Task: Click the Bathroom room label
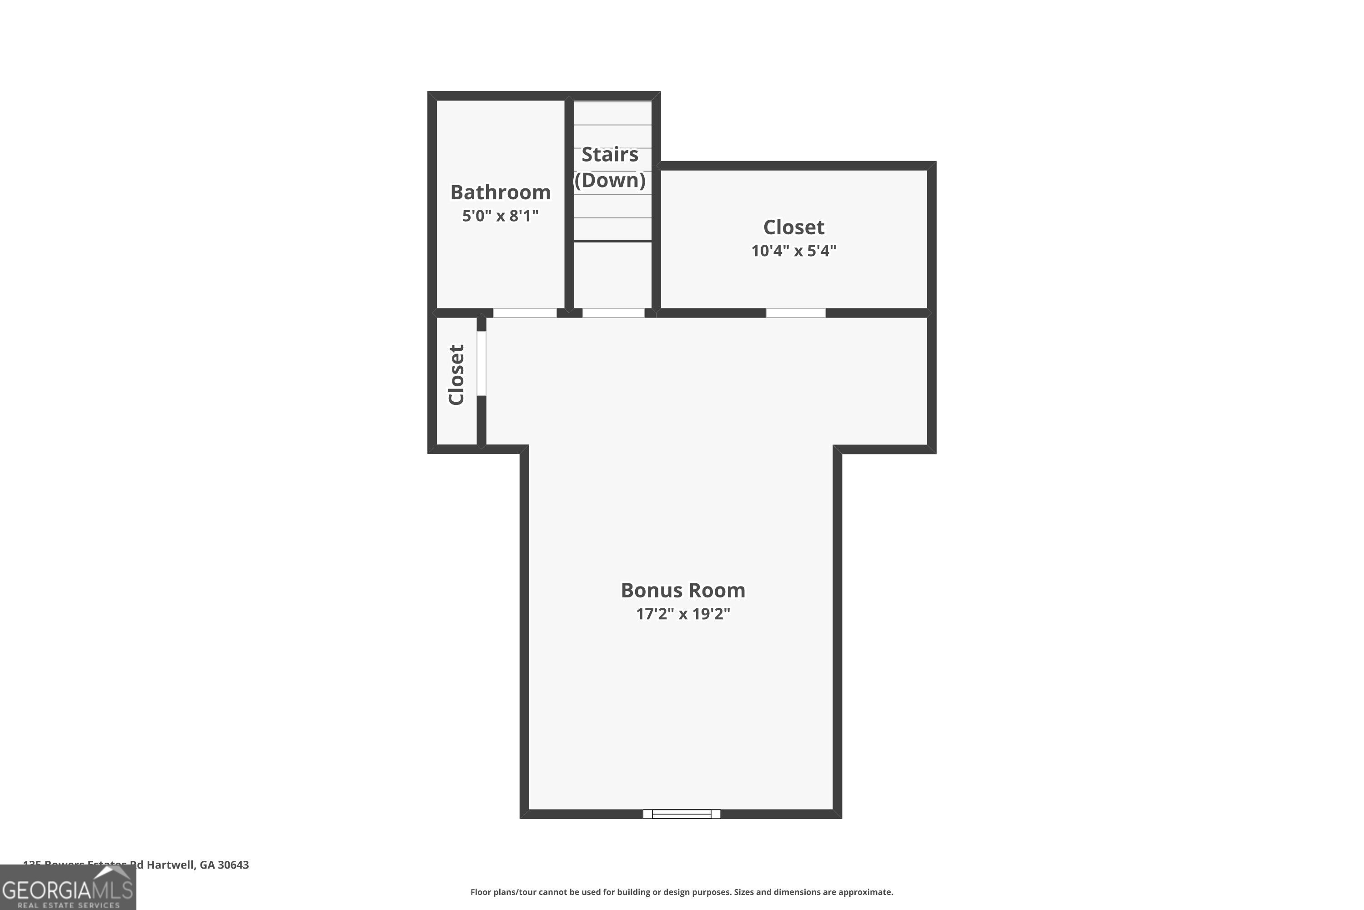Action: pyautogui.click(x=500, y=192)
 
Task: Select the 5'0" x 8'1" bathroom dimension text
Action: pyautogui.click(x=500, y=216)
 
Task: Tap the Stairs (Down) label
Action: pyautogui.click(x=610, y=167)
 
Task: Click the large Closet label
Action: pyautogui.click(x=793, y=227)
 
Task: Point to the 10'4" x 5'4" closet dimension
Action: pyautogui.click(x=793, y=251)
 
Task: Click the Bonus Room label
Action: pyautogui.click(x=682, y=590)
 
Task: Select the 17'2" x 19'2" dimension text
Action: pyautogui.click(x=682, y=614)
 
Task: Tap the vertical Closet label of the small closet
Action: pyautogui.click(x=456, y=375)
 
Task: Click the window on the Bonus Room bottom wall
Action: pyautogui.click(x=682, y=814)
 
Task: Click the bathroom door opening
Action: pyautogui.click(x=524, y=313)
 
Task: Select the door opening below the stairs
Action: pyautogui.click(x=613, y=313)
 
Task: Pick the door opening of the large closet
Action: pyautogui.click(x=795, y=313)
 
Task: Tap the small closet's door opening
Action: pyautogui.click(x=481, y=363)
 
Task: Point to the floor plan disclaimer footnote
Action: pyautogui.click(x=682, y=892)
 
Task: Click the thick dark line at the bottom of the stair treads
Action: pyautogui.click(x=612, y=241)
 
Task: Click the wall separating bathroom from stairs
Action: pyautogui.click(x=569, y=203)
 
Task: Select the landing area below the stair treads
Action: pyautogui.click(x=612, y=274)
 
